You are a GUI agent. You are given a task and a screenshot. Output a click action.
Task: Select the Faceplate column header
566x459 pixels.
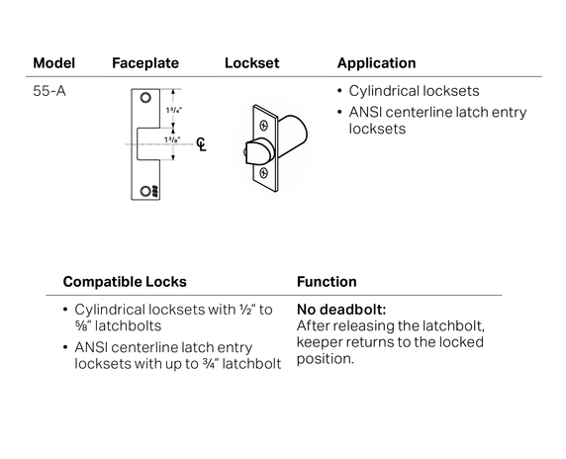[145, 63]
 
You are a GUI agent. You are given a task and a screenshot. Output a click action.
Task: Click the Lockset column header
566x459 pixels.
[252, 63]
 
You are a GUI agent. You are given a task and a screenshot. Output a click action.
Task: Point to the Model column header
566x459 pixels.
[53, 63]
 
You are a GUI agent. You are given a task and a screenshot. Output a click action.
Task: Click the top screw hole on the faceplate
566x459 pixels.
[147, 98]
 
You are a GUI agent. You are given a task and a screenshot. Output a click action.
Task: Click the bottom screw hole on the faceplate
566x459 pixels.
[147, 190]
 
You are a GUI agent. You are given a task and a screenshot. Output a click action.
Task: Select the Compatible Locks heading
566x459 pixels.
[125, 282]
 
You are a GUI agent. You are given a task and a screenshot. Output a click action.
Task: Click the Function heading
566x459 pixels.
[327, 282]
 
